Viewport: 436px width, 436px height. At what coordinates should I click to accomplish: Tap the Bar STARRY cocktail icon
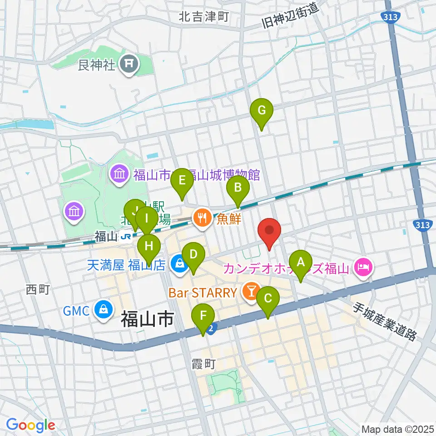pos(250,291)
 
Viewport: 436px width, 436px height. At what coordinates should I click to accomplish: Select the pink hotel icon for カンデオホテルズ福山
pos(364,267)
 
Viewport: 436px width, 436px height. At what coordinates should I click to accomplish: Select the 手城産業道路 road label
pos(385,322)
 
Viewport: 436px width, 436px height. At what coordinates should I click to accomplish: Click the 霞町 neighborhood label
pos(202,364)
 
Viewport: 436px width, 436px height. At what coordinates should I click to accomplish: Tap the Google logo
pos(30,426)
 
